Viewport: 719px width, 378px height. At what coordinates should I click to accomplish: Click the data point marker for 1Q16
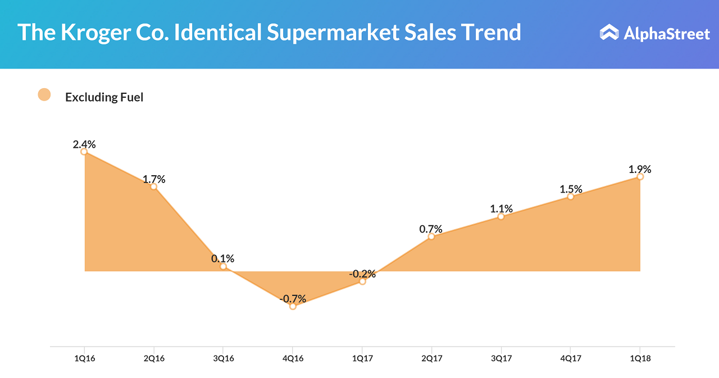point(84,152)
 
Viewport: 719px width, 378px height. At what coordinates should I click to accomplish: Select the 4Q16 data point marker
point(293,306)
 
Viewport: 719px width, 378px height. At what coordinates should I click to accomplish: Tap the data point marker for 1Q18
point(640,177)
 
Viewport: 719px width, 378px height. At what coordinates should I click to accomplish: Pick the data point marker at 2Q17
point(431,236)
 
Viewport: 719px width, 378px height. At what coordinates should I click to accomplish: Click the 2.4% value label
point(84,144)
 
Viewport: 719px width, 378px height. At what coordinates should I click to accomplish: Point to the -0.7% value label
point(293,299)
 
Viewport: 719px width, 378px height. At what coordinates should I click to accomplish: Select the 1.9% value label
point(640,169)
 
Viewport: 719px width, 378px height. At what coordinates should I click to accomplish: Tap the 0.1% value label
point(223,259)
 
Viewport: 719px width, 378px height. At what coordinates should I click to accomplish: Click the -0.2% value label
point(362,274)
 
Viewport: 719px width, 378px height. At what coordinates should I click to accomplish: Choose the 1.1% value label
point(501,209)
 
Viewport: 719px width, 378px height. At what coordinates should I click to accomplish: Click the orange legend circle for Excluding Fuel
point(44,95)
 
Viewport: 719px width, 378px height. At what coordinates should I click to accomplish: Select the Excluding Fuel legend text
point(104,97)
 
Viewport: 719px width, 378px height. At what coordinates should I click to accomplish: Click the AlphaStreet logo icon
point(608,33)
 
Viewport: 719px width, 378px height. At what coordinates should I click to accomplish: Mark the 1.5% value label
point(571,189)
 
